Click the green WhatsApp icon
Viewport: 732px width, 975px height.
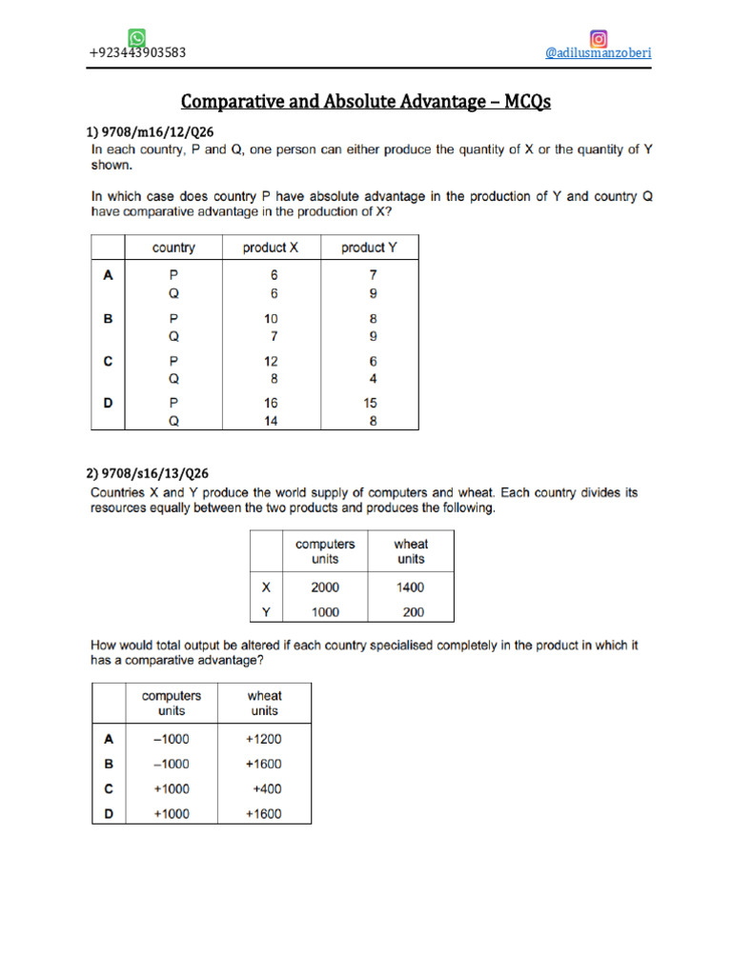pyautogui.click(x=137, y=38)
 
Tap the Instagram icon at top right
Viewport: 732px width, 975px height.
pyautogui.click(x=599, y=39)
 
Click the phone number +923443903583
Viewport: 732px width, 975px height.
pyautogui.click(x=137, y=53)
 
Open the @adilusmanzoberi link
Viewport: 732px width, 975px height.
pyautogui.click(x=598, y=53)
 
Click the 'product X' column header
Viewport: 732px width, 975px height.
pyautogui.click(x=271, y=248)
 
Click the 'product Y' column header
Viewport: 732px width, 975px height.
pyautogui.click(x=369, y=248)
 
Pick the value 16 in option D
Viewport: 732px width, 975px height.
pyautogui.click(x=271, y=404)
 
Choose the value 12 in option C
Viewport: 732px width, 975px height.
pyautogui.click(x=271, y=362)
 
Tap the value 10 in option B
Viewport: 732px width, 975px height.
pyautogui.click(x=271, y=320)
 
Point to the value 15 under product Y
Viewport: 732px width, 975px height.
pyautogui.click(x=372, y=404)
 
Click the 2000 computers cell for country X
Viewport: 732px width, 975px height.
pyautogui.click(x=325, y=587)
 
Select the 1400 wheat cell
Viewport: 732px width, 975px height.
pyautogui.click(x=411, y=587)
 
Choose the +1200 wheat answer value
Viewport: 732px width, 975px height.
pyautogui.click(x=264, y=739)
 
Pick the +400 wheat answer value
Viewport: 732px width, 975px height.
pyautogui.click(x=267, y=788)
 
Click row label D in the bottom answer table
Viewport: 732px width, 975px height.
pyautogui.click(x=108, y=813)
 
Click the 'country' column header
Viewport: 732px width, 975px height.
pyautogui.click(x=173, y=248)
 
